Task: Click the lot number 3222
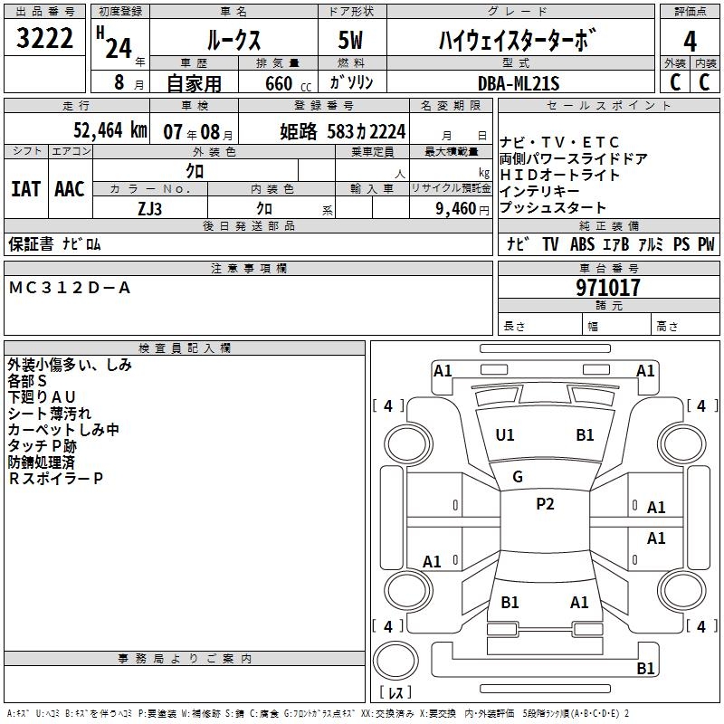(x=46, y=39)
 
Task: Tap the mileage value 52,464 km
(x=110, y=130)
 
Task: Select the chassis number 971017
(x=608, y=288)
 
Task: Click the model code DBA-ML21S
(x=519, y=83)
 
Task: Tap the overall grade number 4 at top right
(x=690, y=41)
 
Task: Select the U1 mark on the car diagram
(x=505, y=435)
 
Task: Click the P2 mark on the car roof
(x=545, y=504)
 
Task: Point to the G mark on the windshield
(x=518, y=477)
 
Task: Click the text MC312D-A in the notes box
(x=70, y=288)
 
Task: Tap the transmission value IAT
(x=25, y=188)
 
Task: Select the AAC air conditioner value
(x=70, y=188)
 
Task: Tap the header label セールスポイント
(x=609, y=106)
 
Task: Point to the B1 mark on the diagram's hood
(x=585, y=435)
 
